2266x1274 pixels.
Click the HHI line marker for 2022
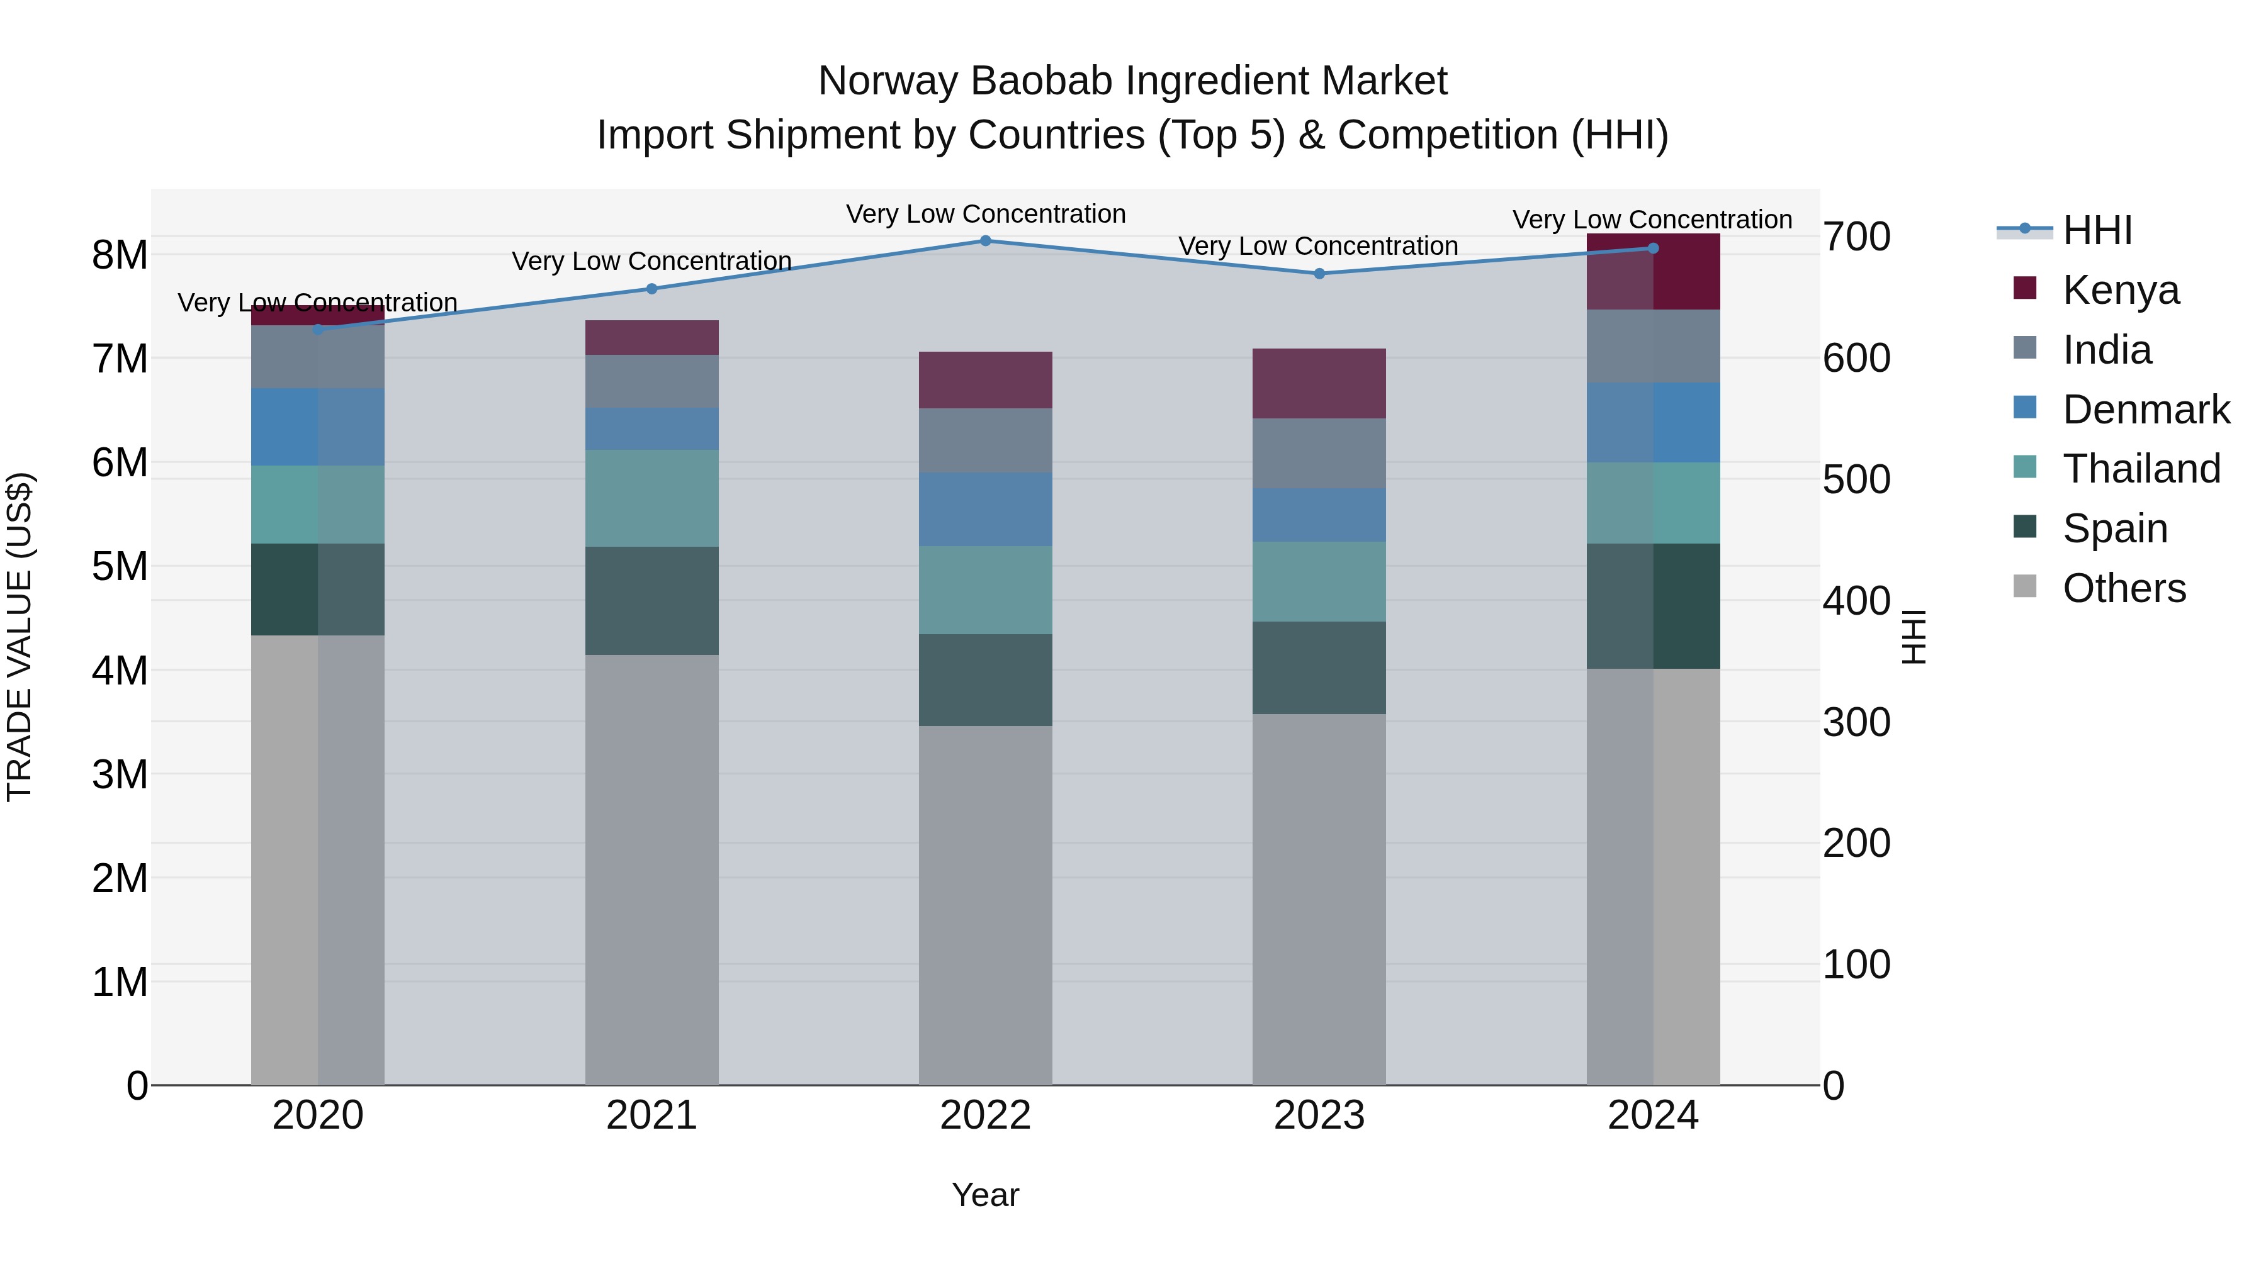(x=985, y=241)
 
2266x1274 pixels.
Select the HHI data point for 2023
(x=1319, y=274)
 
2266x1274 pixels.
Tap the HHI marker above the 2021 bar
(x=652, y=288)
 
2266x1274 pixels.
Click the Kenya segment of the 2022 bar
(x=985, y=380)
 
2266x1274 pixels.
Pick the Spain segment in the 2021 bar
(x=652, y=601)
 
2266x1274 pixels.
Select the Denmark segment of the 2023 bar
(x=1319, y=515)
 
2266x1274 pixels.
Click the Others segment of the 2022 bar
(x=985, y=905)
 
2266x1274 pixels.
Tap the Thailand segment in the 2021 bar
(x=652, y=498)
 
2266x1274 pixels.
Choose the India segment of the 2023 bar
(x=1319, y=454)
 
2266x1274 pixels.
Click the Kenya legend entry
(x=2120, y=289)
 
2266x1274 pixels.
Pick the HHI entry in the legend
(x=2097, y=230)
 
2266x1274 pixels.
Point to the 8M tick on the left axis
(x=120, y=255)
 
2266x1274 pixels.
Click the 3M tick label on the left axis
(x=120, y=774)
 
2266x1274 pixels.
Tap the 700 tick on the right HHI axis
(x=1856, y=237)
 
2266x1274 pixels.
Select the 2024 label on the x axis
(x=1652, y=1115)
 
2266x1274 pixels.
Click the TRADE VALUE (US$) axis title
(x=20, y=637)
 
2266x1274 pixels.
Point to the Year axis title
(x=985, y=1195)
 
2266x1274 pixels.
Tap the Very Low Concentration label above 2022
(x=985, y=214)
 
